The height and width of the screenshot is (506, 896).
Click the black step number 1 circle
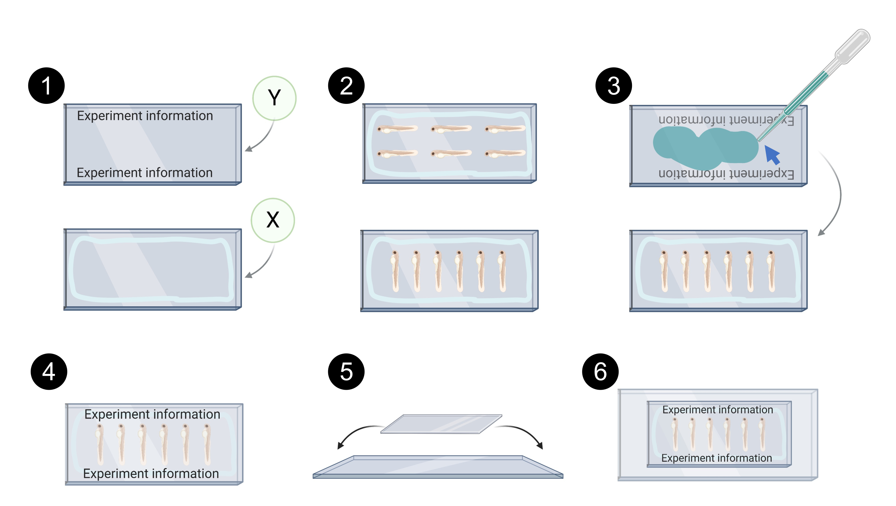pos(46,86)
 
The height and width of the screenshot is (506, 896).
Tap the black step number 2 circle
pos(346,86)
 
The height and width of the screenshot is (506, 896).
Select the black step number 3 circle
pos(614,86)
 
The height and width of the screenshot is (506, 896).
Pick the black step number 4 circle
pos(49,371)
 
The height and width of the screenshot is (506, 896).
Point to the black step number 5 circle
pos(346,371)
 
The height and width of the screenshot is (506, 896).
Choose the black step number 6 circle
pos(600,371)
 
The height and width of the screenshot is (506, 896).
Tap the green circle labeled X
pos(273,220)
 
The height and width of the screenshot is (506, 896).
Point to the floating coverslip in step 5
pos(441,424)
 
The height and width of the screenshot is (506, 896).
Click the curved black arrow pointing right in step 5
pos(522,434)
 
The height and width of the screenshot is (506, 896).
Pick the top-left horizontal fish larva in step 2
pos(397,129)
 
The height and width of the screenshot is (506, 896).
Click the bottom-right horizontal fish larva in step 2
pos(505,153)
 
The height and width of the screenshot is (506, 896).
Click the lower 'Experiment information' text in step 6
pos(717,458)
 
